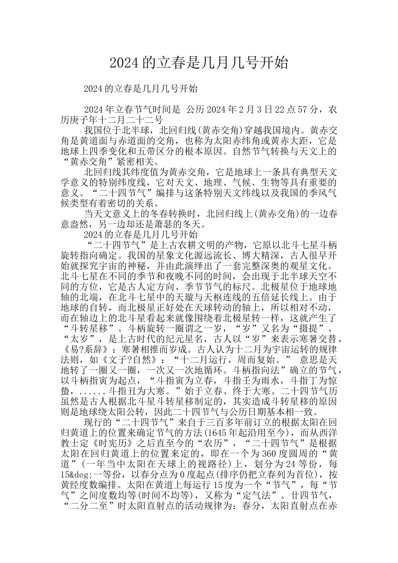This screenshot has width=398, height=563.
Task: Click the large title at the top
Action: pyautogui.click(x=199, y=63)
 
